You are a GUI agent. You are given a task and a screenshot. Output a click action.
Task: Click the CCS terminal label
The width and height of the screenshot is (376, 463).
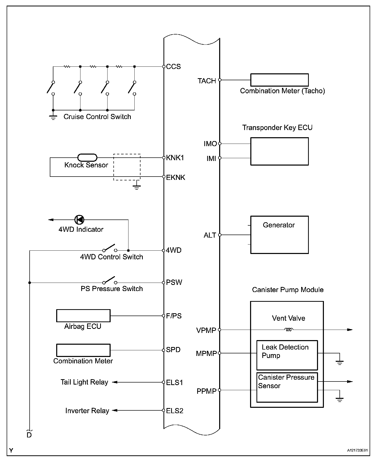coord(173,67)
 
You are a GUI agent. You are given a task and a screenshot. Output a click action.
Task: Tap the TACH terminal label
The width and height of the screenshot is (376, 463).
coord(207,81)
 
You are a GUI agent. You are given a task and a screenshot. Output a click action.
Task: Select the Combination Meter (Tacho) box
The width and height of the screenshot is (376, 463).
coord(279,80)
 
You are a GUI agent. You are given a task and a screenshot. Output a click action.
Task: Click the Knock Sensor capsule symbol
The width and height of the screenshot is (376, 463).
coord(87,158)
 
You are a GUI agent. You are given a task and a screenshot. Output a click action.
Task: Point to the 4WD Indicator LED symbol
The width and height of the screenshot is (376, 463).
coord(79,219)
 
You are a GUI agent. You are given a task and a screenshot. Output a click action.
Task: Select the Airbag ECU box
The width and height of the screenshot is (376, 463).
coord(83,316)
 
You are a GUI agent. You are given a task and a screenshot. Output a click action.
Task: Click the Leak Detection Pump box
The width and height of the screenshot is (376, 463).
coord(287,355)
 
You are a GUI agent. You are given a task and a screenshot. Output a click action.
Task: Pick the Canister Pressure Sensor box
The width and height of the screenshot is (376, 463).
coord(287,387)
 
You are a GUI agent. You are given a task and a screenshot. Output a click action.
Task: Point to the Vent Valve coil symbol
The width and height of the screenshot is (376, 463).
coord(289,330)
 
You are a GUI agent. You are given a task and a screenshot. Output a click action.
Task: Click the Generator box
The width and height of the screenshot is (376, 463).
coord(279,235)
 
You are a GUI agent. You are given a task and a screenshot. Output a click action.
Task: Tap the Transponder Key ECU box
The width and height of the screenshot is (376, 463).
coord(279,151)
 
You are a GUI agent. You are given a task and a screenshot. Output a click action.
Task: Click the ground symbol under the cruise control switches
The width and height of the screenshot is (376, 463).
coord(53,117)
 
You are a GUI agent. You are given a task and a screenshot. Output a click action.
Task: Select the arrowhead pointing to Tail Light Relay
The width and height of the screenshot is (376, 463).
coord(115,382)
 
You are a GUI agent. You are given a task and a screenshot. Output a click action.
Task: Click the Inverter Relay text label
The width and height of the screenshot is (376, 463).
coord(87,411)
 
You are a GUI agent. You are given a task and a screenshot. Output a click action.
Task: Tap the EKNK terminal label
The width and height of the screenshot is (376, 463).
coord(175,178)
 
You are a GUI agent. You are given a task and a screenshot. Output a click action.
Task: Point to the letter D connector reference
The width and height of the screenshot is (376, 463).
coord(29,435)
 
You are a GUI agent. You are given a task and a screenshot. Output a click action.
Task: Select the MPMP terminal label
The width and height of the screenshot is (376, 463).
coord(206,354)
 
